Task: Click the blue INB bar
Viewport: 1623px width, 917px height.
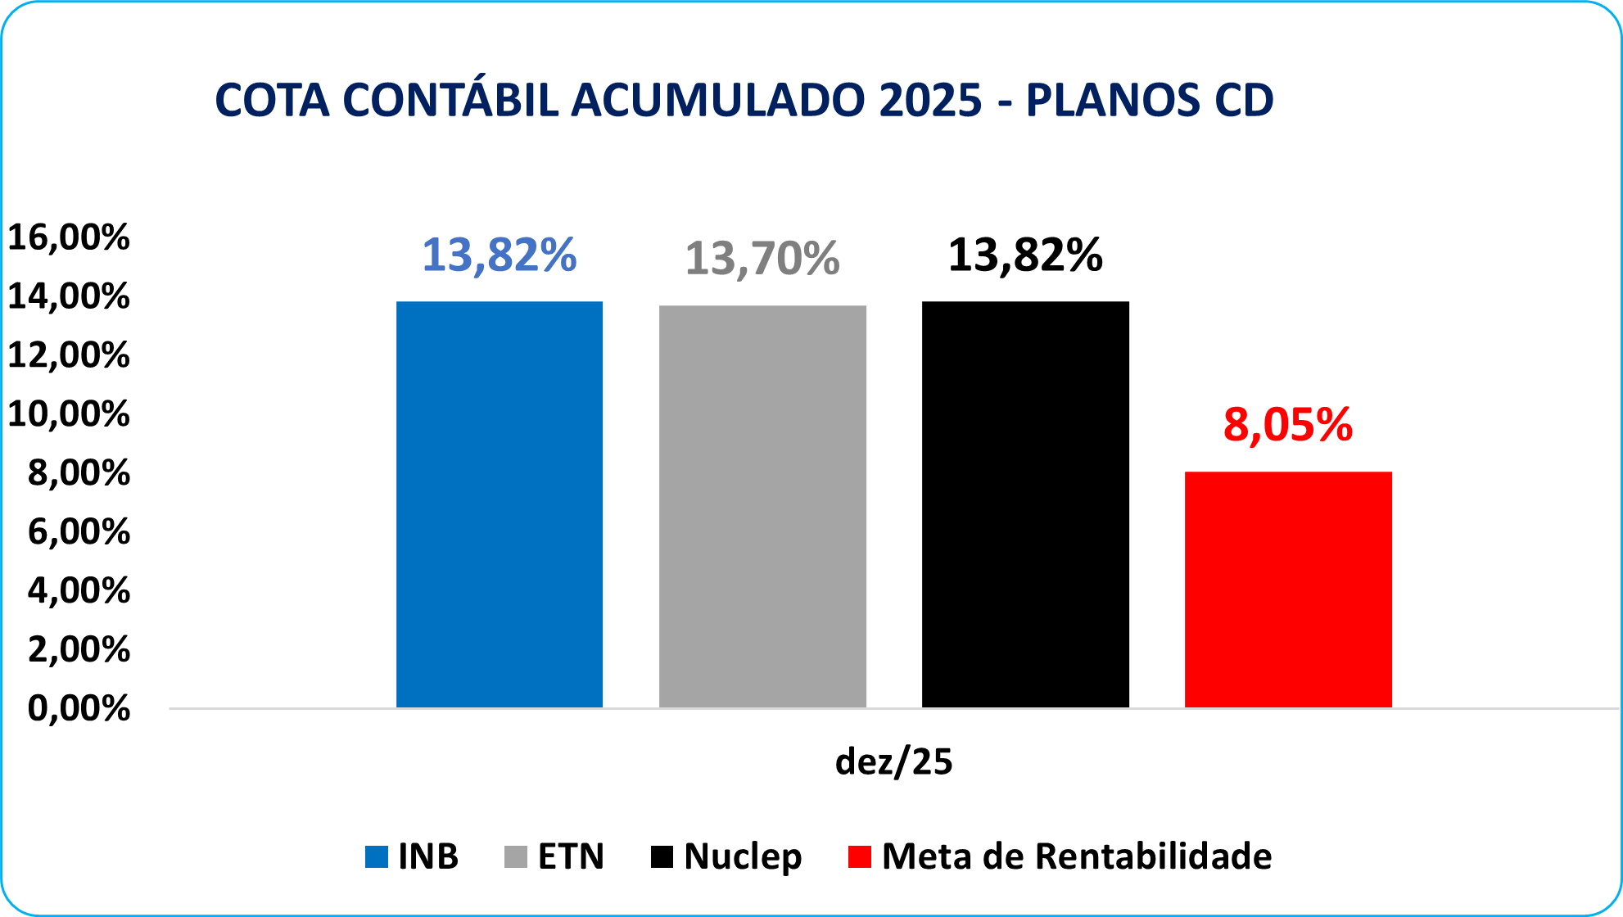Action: click(x=500, y=504)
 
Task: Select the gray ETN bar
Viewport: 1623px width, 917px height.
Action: click(x=762, y=506)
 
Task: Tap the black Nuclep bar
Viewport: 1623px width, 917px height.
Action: click(x=1025, y=504)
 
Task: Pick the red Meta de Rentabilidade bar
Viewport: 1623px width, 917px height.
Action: click(x=1288, y=589)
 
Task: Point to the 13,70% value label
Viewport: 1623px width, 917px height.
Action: click(x=762, y=259)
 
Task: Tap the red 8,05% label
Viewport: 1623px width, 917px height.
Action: click(x=1288, y=425)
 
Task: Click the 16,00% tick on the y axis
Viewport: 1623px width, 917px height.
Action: click(x=69, y=237)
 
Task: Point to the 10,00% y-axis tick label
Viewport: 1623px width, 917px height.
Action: click(x=69, y=414)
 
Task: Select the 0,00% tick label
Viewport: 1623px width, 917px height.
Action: click(x=79, y=708)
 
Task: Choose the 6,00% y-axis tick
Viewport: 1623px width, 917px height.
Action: click(x=79, y=532)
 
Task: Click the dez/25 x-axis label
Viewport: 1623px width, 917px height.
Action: click(x=893, y=761)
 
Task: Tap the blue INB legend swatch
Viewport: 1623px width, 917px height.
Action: click(x=376, y=857)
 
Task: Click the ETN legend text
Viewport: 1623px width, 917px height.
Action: click(x=571, y=856)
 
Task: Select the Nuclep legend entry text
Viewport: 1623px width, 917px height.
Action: click(x=743, y=856)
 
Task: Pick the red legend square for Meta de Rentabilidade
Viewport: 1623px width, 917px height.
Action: click(x=859, y=857)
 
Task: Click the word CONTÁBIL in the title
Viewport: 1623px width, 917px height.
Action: click(x=450, y=100)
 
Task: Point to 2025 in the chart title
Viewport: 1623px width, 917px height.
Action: click(x=930, y=100)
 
